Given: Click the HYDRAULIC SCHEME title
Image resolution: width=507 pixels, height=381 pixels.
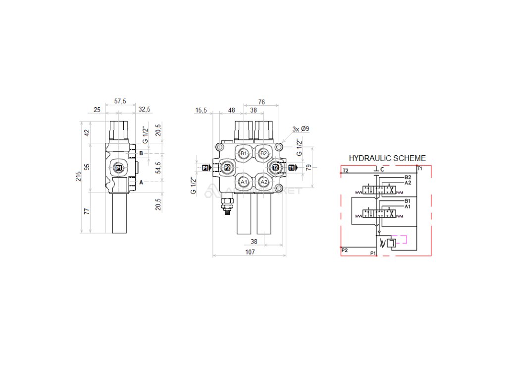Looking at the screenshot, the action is click(387, 158).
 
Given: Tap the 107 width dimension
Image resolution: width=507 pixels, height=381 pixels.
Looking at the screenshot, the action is click(250, 252).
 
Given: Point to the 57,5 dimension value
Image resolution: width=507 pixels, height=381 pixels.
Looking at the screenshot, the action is click(120, 101).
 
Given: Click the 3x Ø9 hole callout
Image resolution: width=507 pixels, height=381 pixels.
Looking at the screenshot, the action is click(301, 129).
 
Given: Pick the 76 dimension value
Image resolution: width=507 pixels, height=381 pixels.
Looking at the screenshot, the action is click(261, 102).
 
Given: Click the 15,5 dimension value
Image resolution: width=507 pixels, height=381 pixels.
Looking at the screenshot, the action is click(201, 110).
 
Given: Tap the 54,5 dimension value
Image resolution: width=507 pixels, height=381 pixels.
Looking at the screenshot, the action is click(158, 168).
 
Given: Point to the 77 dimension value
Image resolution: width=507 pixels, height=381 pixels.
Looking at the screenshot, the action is click(88, 211).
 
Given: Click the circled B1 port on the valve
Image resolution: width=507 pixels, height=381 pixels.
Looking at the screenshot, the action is click(243, 154).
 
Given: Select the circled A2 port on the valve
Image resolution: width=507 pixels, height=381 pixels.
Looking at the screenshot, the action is click(264, 182).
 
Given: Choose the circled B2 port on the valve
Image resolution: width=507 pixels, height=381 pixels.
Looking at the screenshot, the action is click(264, 154).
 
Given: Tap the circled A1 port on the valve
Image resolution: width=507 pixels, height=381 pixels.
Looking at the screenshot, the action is click(243, 182).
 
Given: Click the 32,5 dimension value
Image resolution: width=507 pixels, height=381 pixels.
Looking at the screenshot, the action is click(145, 110).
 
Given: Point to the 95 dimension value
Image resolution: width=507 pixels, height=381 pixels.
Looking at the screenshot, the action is click(88, 167).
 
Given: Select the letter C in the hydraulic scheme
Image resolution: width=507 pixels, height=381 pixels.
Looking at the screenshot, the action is click(382, 170).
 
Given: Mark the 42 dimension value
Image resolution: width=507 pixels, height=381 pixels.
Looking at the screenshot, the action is click(88, 132).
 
